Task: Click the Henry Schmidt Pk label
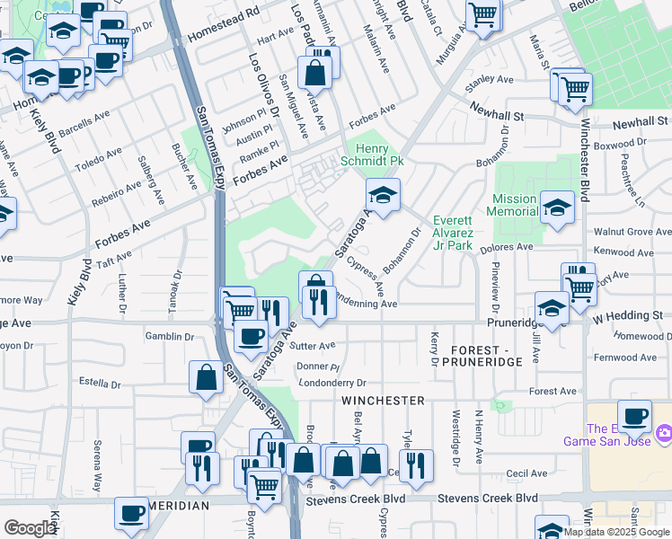pos(366,155)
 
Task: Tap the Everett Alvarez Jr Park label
pos(453,233)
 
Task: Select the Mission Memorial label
pos(515,206)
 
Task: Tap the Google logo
pos(30,528)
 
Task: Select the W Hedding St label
pos(626,315)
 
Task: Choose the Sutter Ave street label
pos(314,345)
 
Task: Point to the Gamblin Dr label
pos(170,336)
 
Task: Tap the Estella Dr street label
pos(100,382)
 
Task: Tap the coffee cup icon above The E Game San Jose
pos(634,415)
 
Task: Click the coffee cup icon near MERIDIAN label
pos(131,513)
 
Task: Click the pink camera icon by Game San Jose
pos(664,433)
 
